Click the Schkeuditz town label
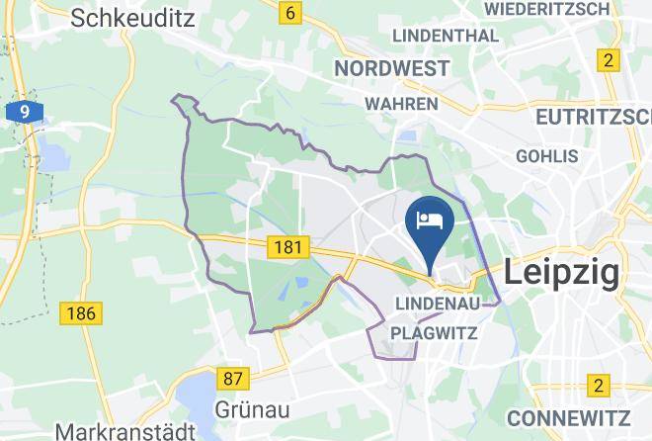(x=130, y=17)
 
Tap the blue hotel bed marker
(x=430, y=222)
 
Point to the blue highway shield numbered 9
(x=24, y=112)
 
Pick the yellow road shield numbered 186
(x=79, y=314)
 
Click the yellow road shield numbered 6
(x=289, y=13)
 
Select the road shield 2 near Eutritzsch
(x=607, y=60)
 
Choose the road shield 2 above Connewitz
(x=597, y=385)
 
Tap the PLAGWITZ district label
(x=436, y=333)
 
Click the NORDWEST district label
(x=391, y=68)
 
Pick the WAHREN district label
(x=401, y=103)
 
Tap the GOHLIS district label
(x=546, y=156)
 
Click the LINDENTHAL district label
(x=446, y=36)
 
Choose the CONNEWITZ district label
(x=570, y=416)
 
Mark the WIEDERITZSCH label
(x=561, y=8)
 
